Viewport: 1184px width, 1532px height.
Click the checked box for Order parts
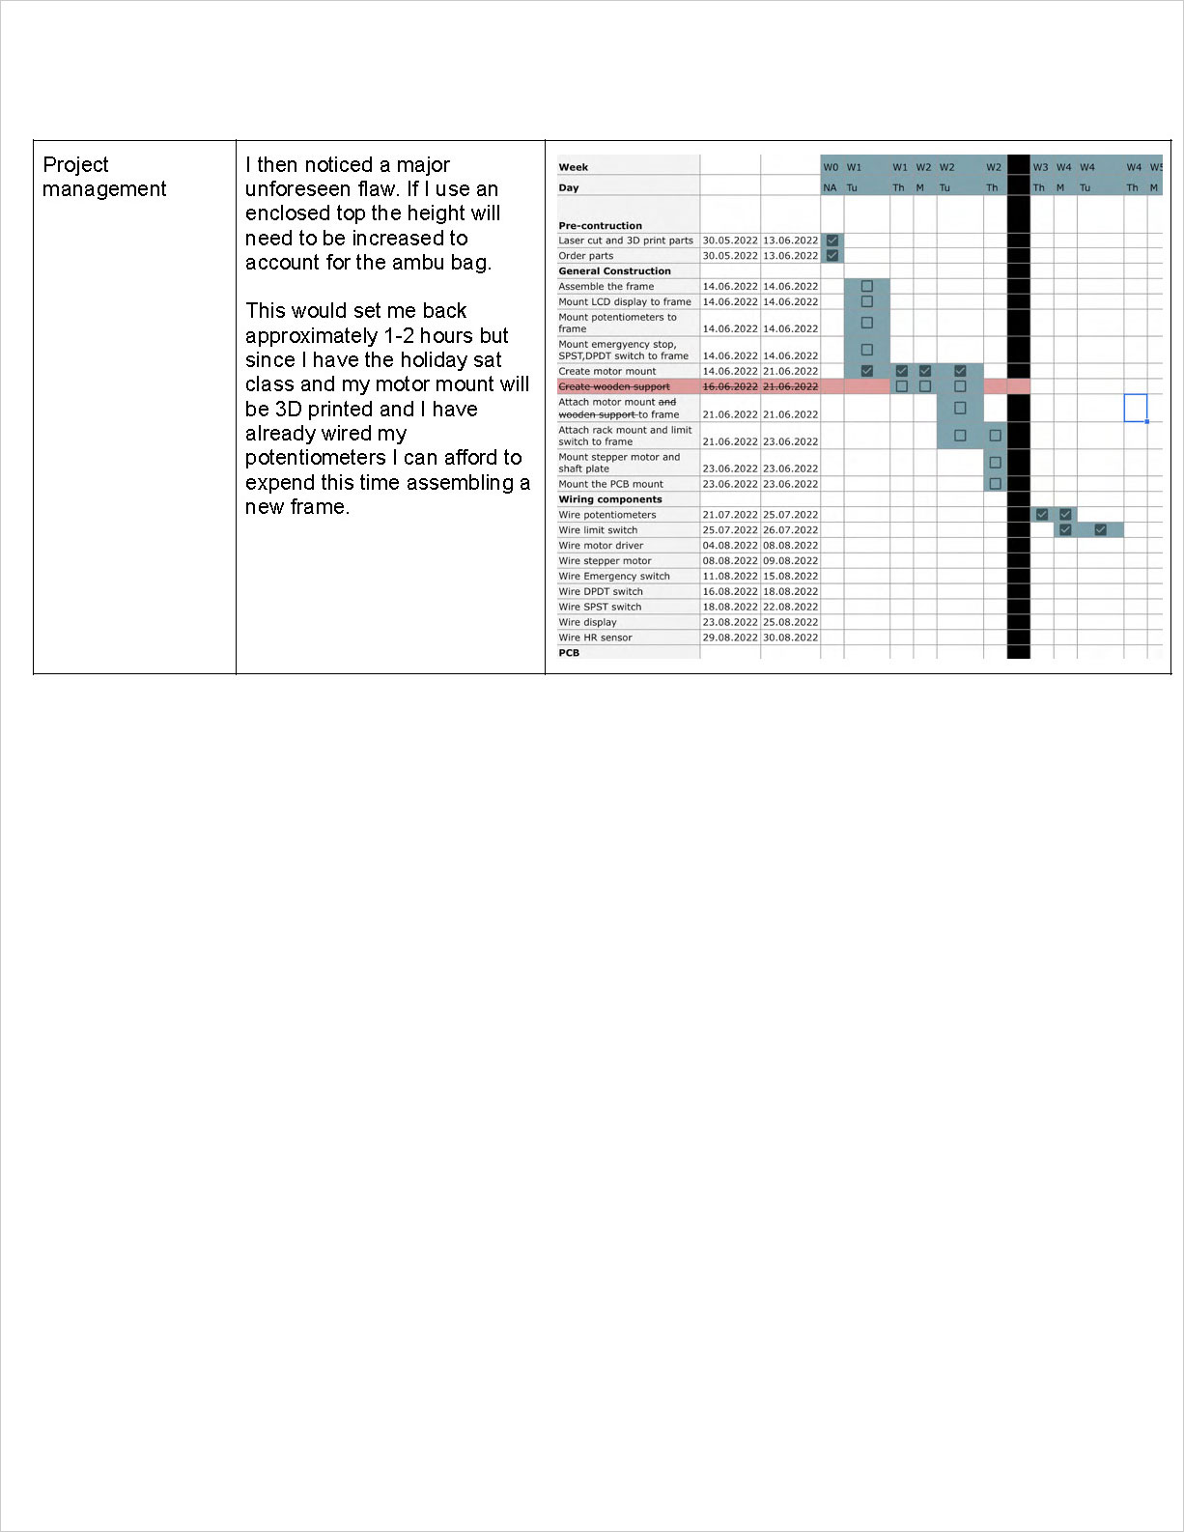[x=832, y=256]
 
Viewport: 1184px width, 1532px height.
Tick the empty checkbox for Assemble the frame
[x=866, y=287]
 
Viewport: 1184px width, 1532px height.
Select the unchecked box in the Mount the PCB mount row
[x=995, y=484]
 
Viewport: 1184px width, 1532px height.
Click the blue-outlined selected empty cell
[x=1135, y=408]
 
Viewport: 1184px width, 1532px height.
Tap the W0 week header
[x=831, y=167]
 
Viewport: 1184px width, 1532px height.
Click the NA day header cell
[x=830, y=188]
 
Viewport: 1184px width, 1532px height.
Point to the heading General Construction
[x=614, y=271]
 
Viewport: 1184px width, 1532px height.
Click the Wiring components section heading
[x=609, y=499]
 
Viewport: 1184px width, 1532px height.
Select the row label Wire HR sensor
[x=595, y=638]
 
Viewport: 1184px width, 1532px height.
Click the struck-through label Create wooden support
[x=613, y=386]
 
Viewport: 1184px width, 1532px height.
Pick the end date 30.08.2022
[x=790, y=638]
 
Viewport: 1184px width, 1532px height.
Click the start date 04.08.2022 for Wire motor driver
[x=730, y=546]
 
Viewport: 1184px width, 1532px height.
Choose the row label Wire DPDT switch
[x=600, y=592]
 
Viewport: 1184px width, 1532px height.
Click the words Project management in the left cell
[x=104, y=177]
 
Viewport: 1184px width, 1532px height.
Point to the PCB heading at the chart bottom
[x=569, y=653]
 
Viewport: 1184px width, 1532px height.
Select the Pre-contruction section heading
[x=600, y=226]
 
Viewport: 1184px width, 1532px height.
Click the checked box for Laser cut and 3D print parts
[x=832, y=241]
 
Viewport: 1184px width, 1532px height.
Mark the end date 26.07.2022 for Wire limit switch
[x=790, y=530]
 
